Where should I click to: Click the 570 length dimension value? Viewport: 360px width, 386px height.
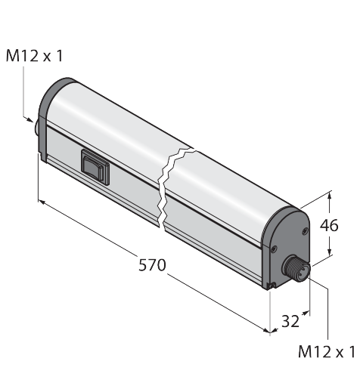coord(152,265)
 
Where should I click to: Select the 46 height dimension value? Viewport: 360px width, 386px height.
coord(329,225)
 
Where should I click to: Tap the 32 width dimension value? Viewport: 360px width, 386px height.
coord(290,321)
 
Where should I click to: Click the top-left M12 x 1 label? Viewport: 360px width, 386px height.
coord(34,56)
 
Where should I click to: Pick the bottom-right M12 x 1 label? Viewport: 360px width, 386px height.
coord(326,351)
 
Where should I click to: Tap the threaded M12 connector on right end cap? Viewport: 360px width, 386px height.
coord(296,268)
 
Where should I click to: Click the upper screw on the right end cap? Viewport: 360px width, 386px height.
coord(305,230)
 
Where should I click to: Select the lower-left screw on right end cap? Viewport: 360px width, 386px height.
coord(274,249)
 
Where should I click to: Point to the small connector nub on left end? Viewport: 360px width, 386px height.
coord(37,129)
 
